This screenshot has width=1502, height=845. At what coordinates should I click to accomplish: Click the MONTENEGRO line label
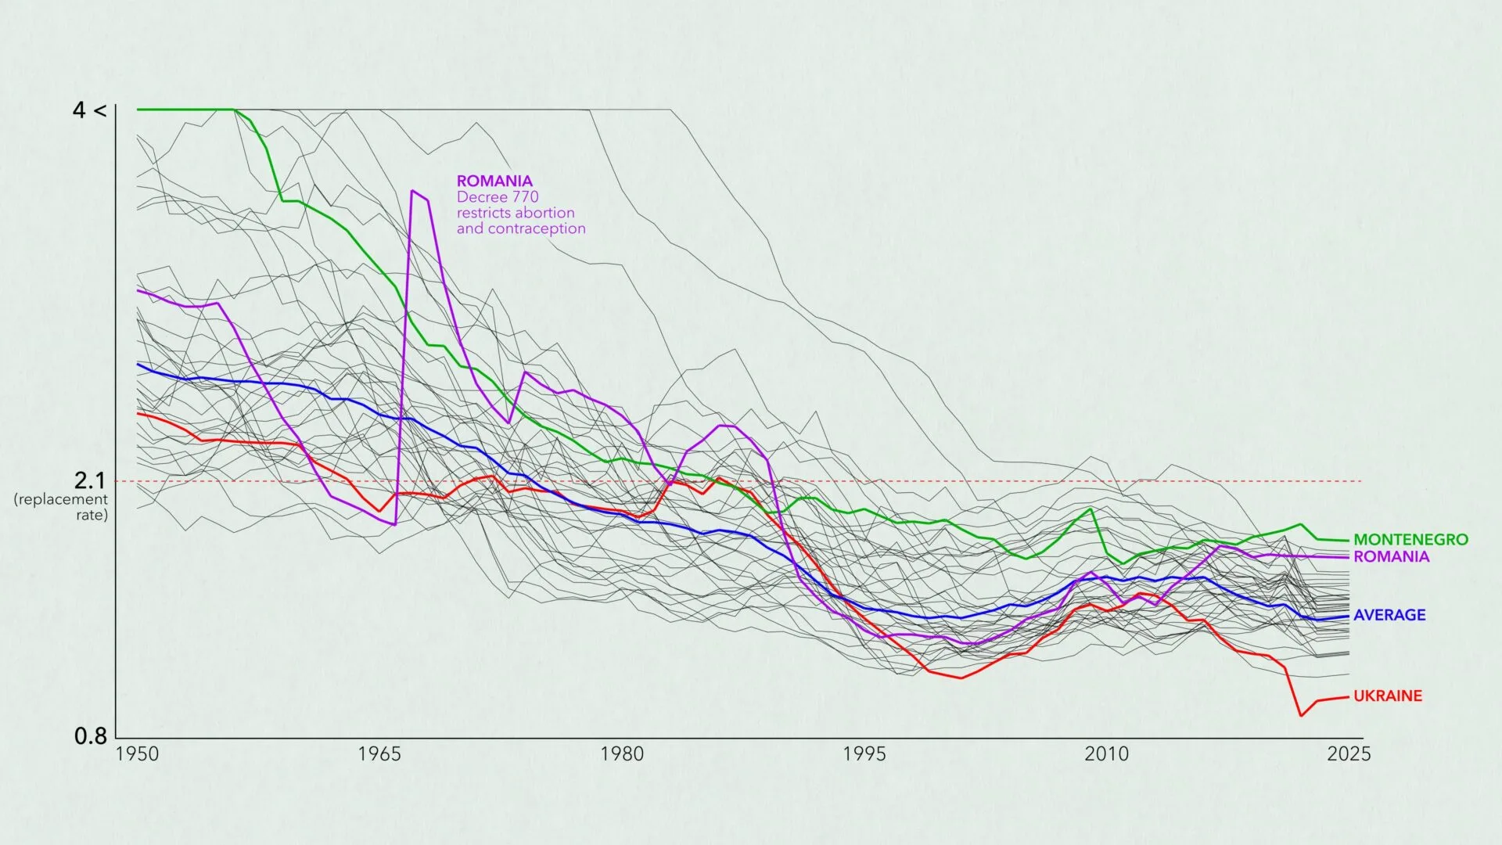[1410, 539]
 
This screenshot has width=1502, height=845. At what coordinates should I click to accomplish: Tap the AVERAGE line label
[1389, 615]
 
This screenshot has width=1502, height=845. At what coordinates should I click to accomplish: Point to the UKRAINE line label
[1388, 696]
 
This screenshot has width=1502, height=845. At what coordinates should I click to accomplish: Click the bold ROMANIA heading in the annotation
[494, 181]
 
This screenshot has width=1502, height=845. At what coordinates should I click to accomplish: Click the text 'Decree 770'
[498, 197]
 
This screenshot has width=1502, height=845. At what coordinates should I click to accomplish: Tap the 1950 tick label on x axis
[137, 753]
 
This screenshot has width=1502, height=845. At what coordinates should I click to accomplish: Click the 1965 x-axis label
[379, 753]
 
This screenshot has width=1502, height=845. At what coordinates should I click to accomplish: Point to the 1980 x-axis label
[622, 753]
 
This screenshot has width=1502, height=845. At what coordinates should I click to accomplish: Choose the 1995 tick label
[864, 753]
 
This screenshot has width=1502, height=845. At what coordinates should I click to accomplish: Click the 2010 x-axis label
[1106, 753]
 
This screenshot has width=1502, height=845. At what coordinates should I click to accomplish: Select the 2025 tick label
[1349, 753]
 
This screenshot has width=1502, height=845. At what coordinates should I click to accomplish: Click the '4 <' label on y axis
[88, 110]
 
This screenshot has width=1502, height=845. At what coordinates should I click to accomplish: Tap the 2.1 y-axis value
[89, 481]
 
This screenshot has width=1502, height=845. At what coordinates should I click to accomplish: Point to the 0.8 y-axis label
[91, 736]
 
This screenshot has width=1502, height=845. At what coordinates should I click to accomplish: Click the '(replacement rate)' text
[61, 507]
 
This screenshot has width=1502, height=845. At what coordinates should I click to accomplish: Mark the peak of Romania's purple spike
[412, 190]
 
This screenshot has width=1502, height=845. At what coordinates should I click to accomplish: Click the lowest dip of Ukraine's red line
[1301, 715]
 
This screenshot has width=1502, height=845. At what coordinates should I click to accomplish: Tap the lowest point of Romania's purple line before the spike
[395, 524]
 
